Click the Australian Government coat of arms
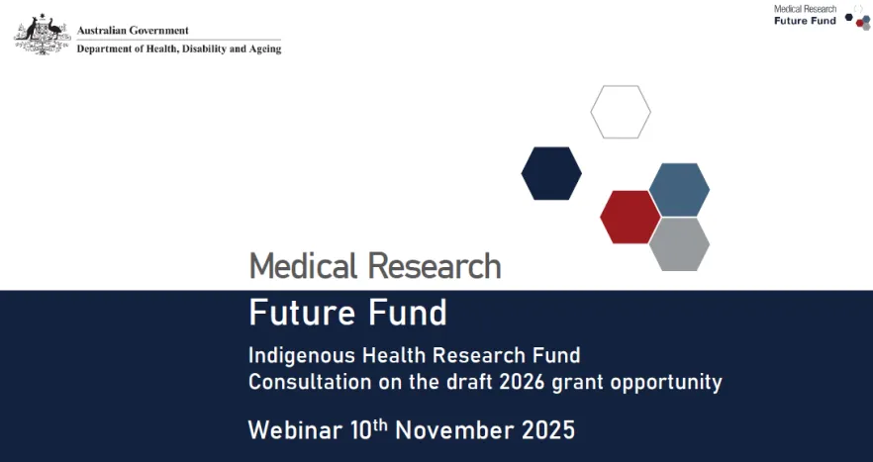41,35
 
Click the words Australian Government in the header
133,31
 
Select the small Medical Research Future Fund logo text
805,15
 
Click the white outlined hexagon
621,112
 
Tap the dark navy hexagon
551,173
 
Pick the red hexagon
630,217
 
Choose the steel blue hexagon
679,189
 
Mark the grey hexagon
679,243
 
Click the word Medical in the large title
303,266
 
